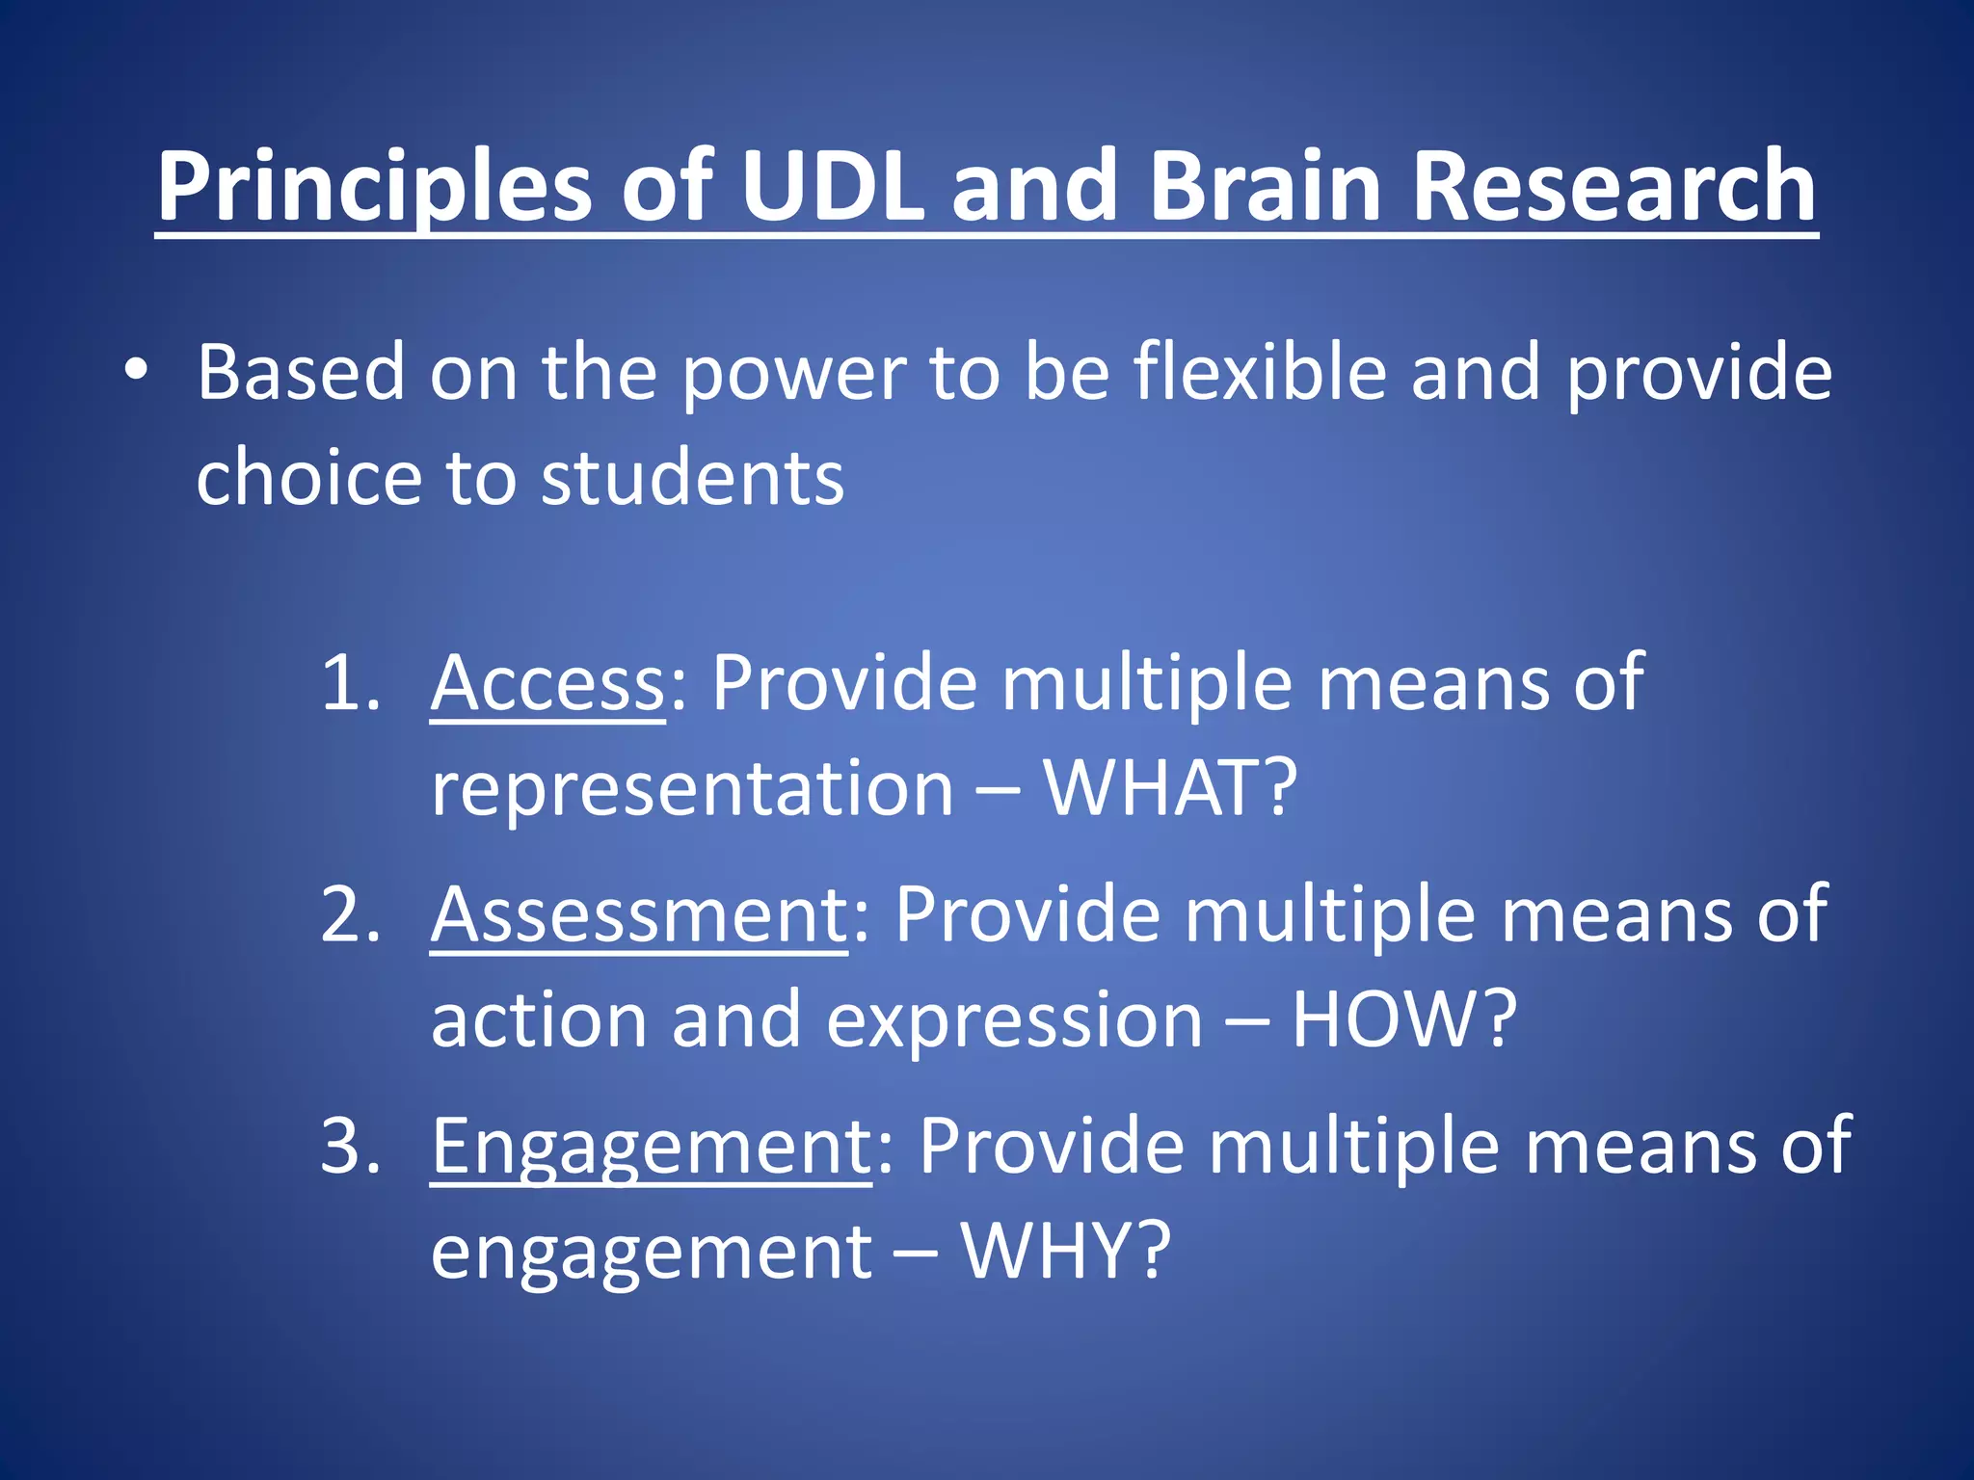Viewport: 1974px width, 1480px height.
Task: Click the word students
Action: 692,478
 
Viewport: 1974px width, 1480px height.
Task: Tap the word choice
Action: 308,478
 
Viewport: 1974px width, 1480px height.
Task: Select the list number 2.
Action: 349,914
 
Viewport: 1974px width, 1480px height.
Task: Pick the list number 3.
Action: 349,1146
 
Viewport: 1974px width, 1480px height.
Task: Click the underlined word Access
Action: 547,683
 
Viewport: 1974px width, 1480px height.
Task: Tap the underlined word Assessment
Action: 638,914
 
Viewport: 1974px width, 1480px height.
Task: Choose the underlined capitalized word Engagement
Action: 651,1146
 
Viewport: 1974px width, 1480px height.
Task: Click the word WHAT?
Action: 1171,788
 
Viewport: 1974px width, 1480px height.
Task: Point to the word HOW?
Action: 1403,1020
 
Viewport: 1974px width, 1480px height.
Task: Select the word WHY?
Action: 1065,1251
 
